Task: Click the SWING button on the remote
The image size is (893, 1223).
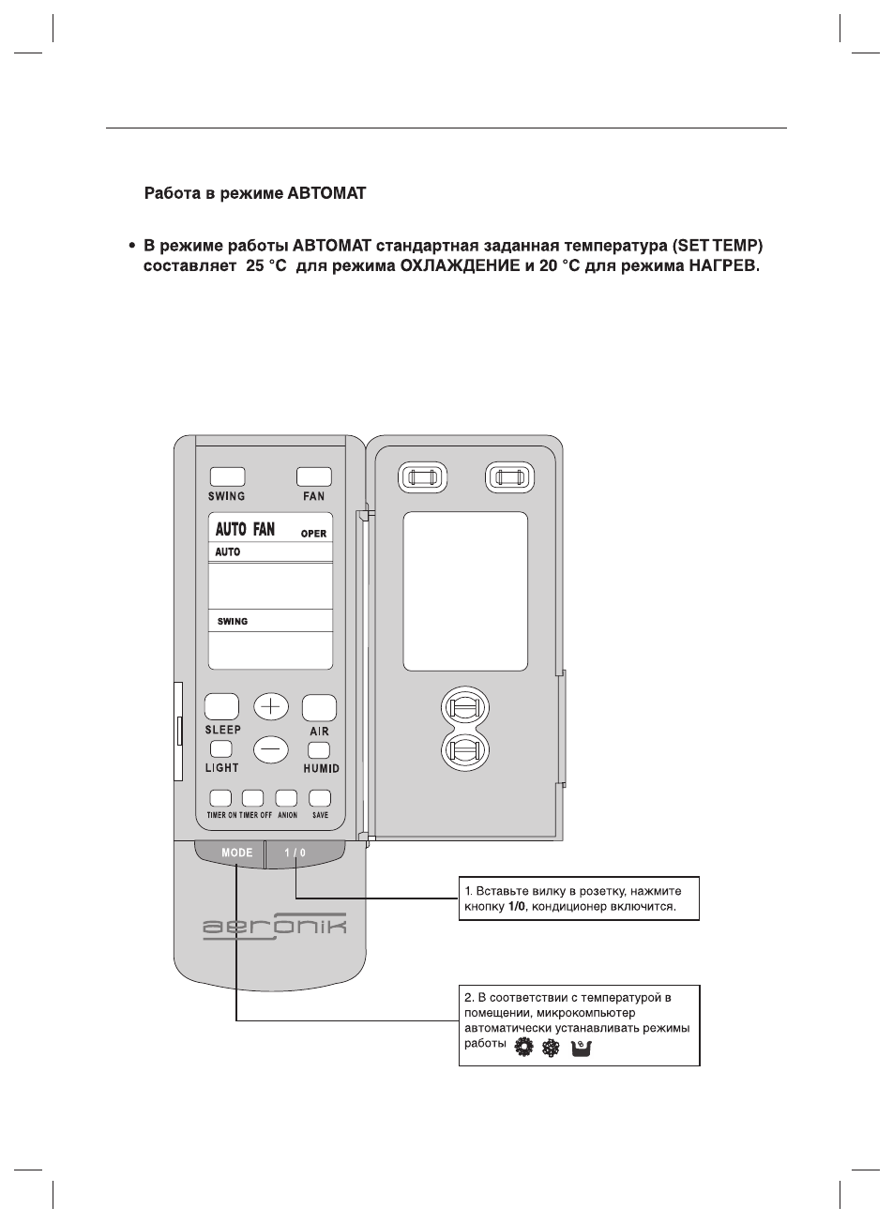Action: (x=226, y=476)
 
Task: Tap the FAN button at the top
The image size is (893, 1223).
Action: (x=314, y=476)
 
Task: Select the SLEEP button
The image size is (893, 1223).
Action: (x=221, y=706)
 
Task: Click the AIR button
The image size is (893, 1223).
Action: (x=319, y=706)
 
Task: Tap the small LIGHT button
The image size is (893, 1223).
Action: (x=221, y=749)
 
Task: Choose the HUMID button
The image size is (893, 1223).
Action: (x=319, y=750)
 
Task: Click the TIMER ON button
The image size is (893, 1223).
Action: (x=220, y=798)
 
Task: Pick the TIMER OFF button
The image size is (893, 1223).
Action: (x=252, y=798)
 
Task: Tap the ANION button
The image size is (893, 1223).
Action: (x=286, y=798)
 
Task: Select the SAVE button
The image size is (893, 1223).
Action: (x=320, y=798)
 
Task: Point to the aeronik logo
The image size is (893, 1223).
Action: (x=274, y=927)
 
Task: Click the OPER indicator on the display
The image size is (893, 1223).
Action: (x=313, y=534)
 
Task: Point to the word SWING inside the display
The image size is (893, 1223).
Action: (x=233, y=622)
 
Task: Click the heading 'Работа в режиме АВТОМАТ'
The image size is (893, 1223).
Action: (x=254, y=195)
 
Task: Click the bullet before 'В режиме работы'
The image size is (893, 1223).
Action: (x=132, y=247)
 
